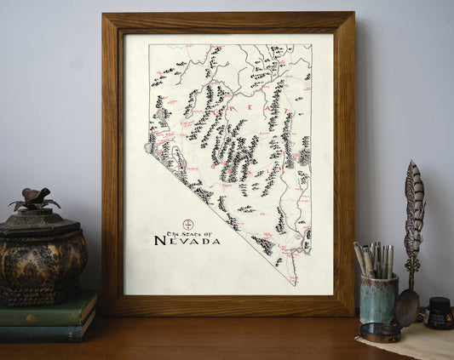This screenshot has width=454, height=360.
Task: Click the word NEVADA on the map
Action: [x=187, y=241]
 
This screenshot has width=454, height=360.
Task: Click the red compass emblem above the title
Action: [x=189, y=224]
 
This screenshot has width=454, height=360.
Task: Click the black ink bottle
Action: [x=439, y=314]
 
